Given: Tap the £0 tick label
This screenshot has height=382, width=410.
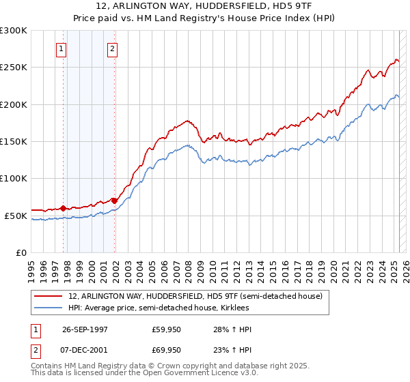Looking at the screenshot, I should coord(21,252).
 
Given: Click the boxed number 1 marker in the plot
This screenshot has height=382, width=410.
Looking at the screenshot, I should coord(61,48).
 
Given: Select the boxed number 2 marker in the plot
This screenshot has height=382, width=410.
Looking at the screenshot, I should coord(112,48).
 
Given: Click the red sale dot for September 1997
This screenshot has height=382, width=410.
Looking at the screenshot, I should coord(64,208).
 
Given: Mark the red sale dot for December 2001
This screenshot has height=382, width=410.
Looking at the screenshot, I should coord(114,201).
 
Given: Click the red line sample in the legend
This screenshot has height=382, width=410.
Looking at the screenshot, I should coord(49,296).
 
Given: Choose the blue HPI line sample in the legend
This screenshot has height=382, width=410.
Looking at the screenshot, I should coord(49,308).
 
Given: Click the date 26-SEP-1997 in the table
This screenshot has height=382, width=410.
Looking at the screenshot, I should coord(85,329).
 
